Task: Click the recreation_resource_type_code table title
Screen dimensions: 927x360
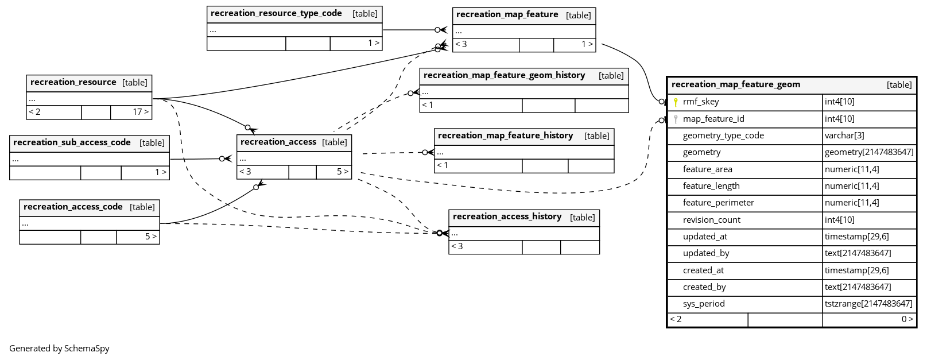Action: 276,13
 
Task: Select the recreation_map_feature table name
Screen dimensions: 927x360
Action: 507,14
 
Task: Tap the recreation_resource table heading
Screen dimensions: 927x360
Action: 73,82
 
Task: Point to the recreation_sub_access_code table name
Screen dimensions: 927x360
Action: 72,142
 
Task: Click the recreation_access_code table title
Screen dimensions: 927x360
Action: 73,207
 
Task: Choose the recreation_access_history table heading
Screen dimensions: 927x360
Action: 507,216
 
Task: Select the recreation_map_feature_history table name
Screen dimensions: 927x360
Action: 505,136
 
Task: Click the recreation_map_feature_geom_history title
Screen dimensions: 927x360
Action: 504,75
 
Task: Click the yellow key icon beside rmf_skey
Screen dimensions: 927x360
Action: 676,102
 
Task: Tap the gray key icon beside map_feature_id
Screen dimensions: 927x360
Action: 676,119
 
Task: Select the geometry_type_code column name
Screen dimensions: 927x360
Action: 723,136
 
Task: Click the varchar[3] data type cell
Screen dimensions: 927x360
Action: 844,136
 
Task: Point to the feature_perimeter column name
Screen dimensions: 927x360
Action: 718,203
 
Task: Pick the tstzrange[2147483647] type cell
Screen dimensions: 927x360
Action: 868,304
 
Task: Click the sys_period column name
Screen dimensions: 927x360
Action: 704,304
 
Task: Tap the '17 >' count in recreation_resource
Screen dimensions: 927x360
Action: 140,112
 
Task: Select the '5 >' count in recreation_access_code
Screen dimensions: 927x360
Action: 150,237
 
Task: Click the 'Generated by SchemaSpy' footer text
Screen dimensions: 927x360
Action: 59,349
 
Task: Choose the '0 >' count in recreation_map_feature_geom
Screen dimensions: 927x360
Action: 907,319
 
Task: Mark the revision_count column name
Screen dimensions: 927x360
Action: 711,220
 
